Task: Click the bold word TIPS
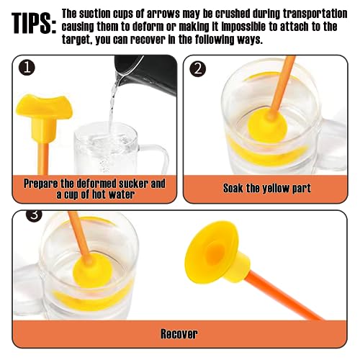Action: [34, 23]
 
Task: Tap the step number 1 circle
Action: [27, 68]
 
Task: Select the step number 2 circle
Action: [197, 69]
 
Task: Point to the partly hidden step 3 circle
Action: [34, 215]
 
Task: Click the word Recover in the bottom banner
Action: [179, 334]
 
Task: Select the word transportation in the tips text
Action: [315, 14]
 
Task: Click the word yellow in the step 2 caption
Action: [276, 189]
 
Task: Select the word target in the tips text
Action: [76, 40]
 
